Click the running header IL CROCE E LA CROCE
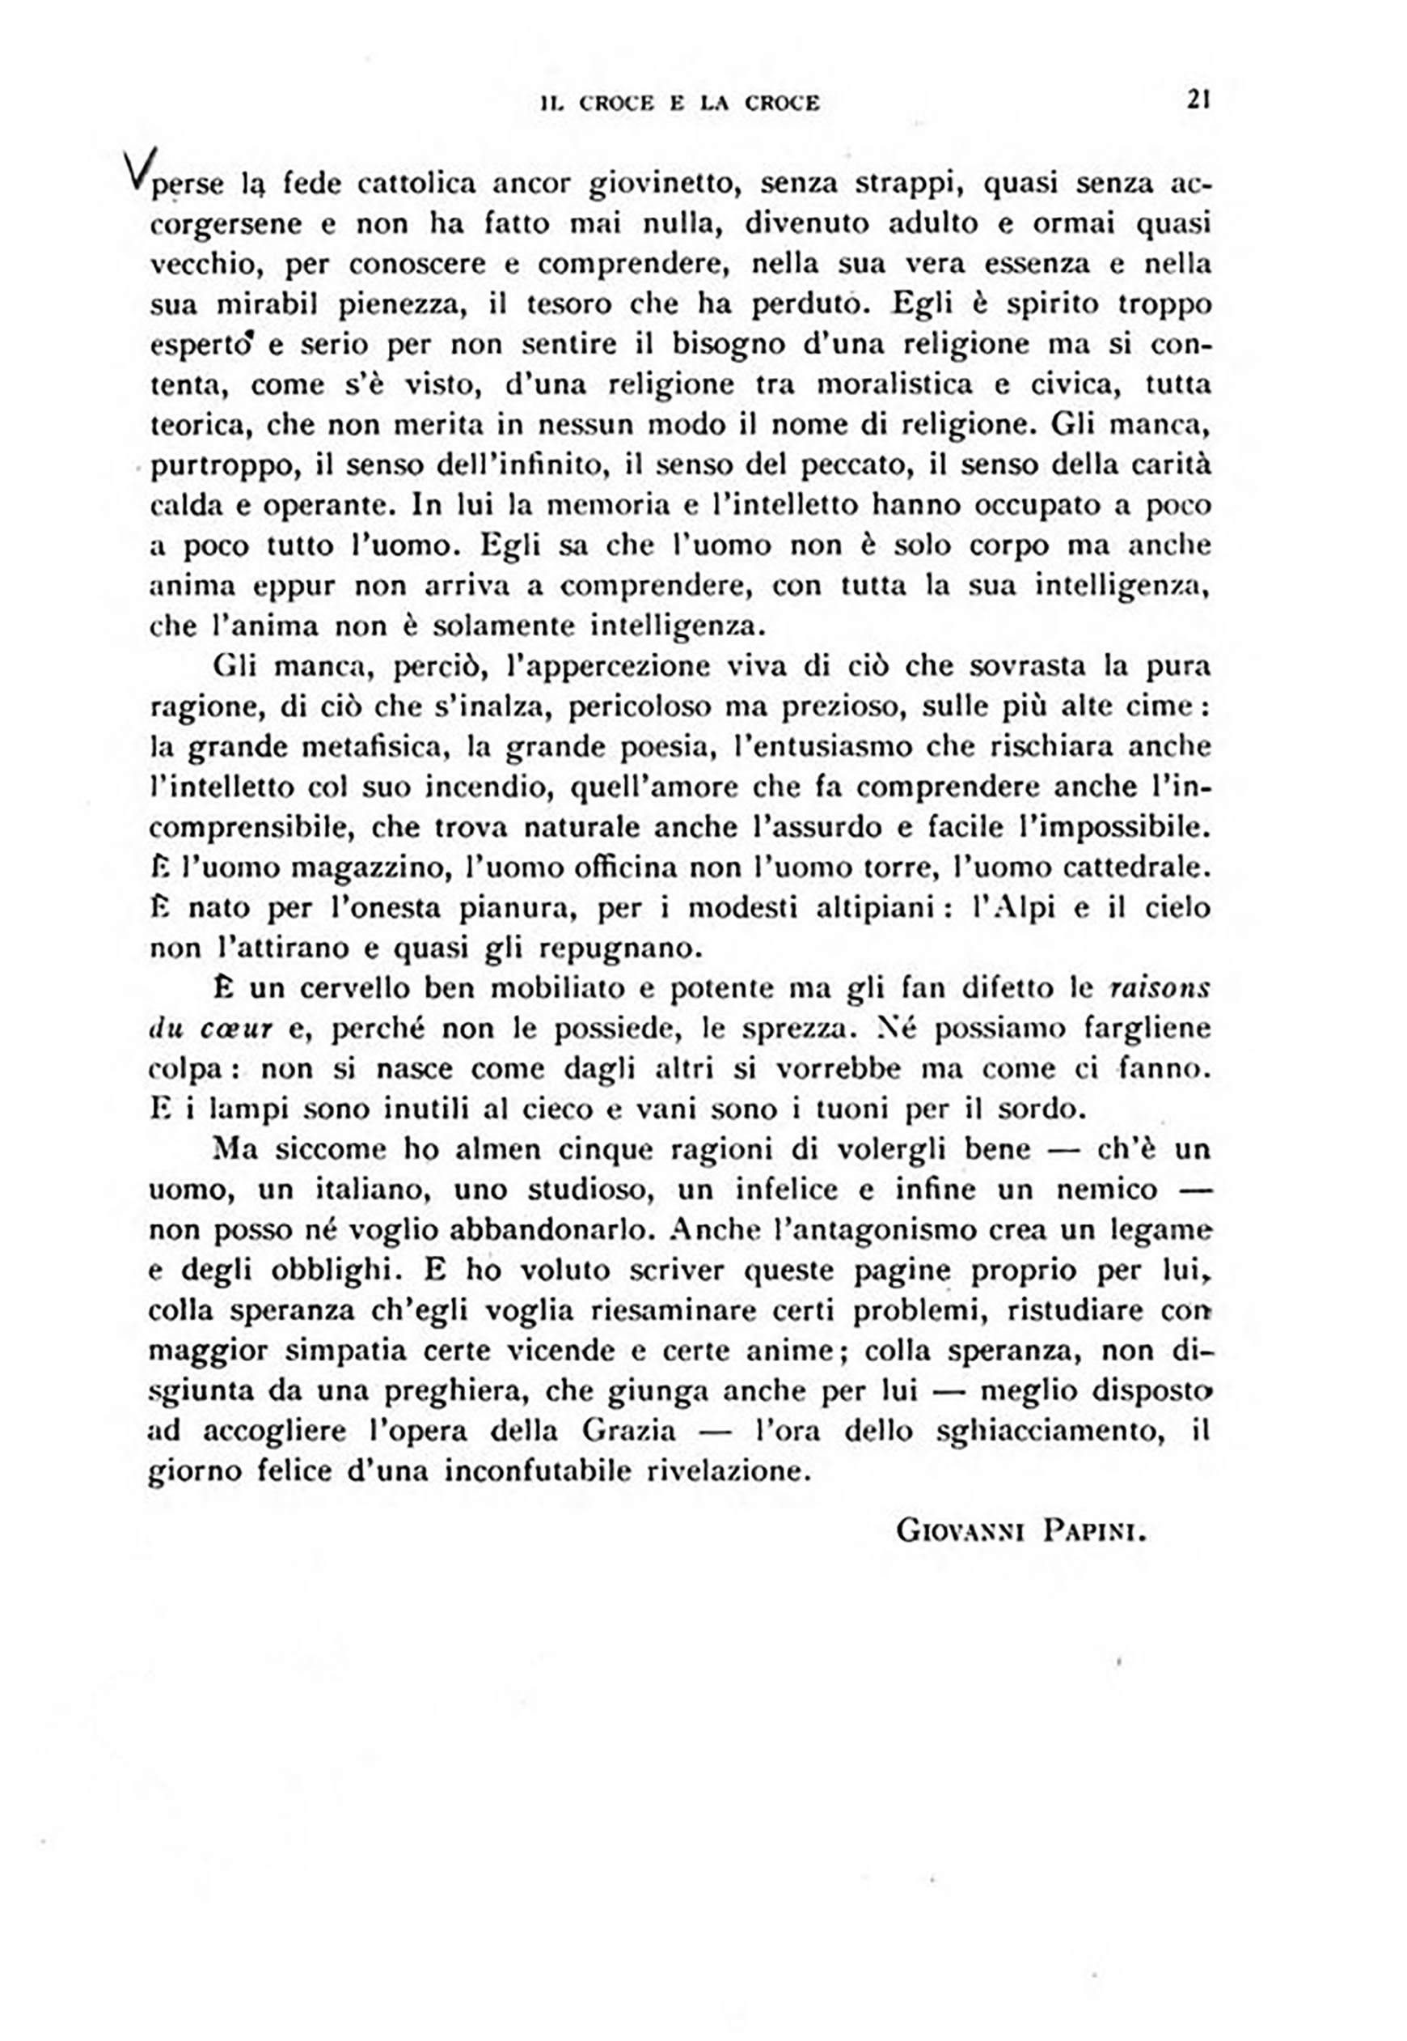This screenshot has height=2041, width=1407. point(680,104)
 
